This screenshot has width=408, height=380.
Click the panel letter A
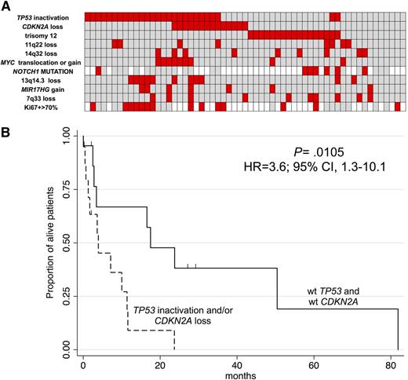(6, 6)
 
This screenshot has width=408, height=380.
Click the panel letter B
(6, 125)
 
